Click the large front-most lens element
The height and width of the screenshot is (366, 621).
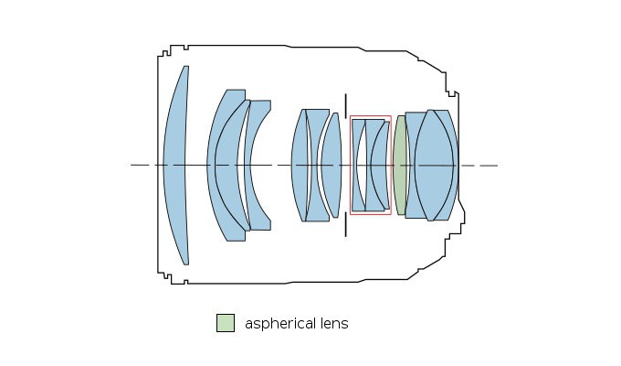(175, 165)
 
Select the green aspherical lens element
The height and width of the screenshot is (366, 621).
(400, 165)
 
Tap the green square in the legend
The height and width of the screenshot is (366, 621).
(226, 323)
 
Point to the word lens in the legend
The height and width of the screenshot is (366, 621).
(332, 323)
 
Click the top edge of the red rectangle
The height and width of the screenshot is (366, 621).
(371, 116)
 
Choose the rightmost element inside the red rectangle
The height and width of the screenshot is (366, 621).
(381, 165)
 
